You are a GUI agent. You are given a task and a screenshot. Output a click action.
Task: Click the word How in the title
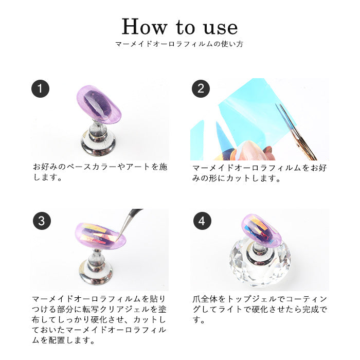pyautogui.click(x=145, y=27)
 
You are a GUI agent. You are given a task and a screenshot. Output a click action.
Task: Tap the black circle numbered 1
pyautogui.click(x=40, y=88)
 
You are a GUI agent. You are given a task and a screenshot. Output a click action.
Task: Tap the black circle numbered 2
pyautogui.click(x=201, y=88)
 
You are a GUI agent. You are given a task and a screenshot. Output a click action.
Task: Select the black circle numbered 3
pyautogui.click(x=42, y=221)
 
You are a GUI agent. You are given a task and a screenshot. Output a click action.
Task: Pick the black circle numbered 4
pyautogui.click(x=202, y=221)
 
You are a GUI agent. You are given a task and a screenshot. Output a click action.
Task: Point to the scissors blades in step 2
pyautogui.click(x=296, y=132)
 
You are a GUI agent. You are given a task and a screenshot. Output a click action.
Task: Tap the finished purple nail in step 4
pyautogui.click(x=261, y=230)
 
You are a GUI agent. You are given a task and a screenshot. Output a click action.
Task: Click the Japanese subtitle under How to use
pyautogui.click(x=179, y=44)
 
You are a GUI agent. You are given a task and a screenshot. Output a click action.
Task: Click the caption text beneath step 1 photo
pyautogui.click(x=100, y=172)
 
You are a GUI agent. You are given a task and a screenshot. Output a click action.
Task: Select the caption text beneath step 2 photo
pyautogui.click(x=259, y=173)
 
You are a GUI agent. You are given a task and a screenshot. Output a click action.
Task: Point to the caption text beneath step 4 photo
pyautogui.click(x=260, y=309)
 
